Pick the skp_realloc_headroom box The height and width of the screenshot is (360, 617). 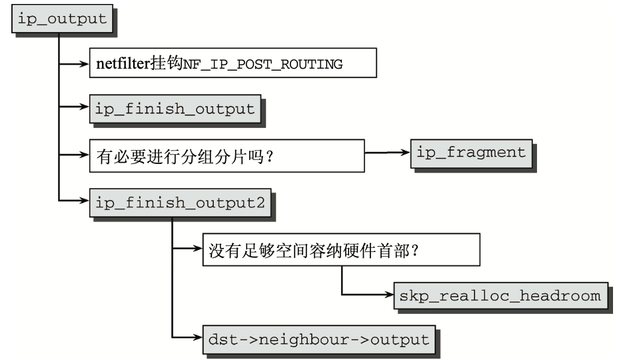point(500,295)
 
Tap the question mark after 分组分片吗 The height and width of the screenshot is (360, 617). point(270,157)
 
